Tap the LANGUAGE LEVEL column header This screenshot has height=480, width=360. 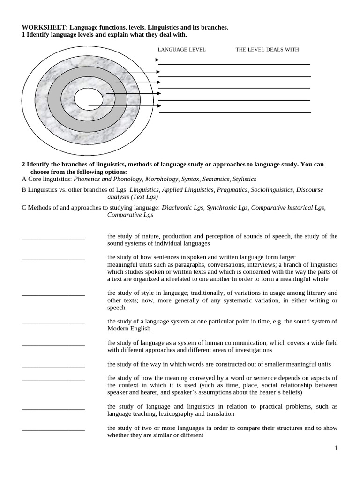(x=181, y=50)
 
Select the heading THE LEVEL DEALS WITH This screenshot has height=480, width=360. (x=267, y=50)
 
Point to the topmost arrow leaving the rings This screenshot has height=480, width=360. (x=143, y=60)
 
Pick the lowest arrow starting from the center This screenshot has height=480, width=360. (x=125, y=106)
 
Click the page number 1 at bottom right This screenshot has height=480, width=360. (x=336, y=448)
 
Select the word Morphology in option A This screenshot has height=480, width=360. (x=162, y=179)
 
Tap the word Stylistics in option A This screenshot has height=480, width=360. (x=245, y=179)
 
